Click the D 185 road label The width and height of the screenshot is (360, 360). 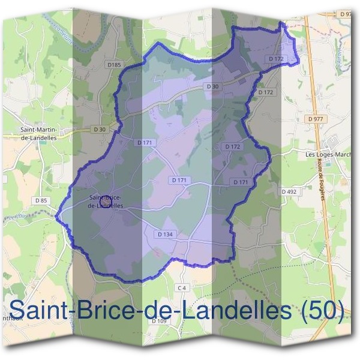[113, 64]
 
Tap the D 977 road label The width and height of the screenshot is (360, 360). [315, 119]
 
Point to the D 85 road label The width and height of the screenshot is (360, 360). [41, 200]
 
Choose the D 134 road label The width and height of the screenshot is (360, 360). [165, 233]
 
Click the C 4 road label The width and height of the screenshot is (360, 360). [182, 288]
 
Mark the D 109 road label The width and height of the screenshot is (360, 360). [159, 322]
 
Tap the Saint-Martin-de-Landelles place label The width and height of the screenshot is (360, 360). [38, 133]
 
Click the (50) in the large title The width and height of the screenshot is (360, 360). [323, 311]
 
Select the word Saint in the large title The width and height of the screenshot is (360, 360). [38, 311]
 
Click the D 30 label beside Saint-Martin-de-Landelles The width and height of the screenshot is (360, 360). [100, 129]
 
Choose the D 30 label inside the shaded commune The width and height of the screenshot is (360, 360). [212, 86]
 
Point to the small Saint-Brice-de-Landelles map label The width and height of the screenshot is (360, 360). [106, 201]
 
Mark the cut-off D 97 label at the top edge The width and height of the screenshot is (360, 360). [347, 13]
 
